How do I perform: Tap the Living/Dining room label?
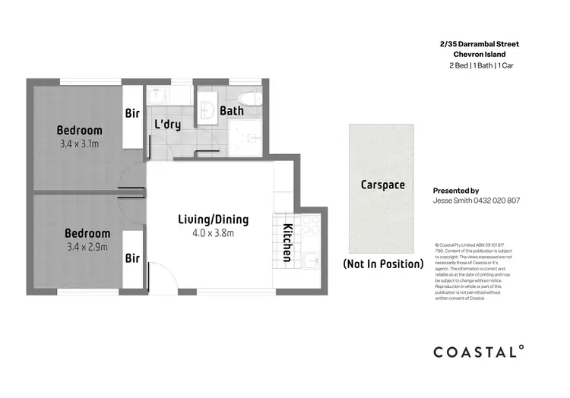click(x=213, y=220)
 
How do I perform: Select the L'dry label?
click(x=167, y=124)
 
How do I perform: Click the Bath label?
click(x=231, y=111)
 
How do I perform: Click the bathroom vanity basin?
click(x=208, y=111)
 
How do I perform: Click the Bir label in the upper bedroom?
click(x=133, y=114)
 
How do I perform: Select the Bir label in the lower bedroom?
click(x=133, y=258)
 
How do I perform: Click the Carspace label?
click(x=382, y=185)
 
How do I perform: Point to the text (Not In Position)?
click(x=383, y=264)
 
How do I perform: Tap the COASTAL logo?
click(x=478, y=351)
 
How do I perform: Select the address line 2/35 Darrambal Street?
click(x=475, y=44)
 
